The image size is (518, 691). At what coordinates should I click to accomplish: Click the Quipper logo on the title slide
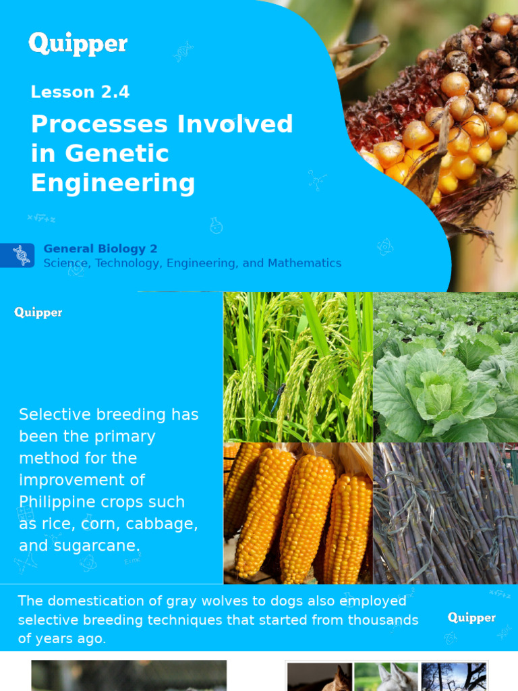pos(78,45)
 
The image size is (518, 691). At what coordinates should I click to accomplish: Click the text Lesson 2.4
pos(80,92)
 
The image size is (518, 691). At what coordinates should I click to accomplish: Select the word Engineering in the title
pos(113,183)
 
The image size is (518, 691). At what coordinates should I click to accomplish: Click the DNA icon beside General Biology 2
pos(21,255)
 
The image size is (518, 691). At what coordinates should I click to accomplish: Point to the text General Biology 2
pos(100,249)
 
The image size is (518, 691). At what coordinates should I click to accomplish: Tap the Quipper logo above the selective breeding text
pos(38,312)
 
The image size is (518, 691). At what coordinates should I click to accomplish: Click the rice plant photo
pos(297,366)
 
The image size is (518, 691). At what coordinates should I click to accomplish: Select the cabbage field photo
pos(445,366)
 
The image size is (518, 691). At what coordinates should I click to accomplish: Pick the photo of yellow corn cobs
pos(297,513)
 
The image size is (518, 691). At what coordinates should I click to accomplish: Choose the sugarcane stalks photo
pos(445,513)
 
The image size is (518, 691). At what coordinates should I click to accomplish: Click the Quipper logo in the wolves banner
pos(471,617)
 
